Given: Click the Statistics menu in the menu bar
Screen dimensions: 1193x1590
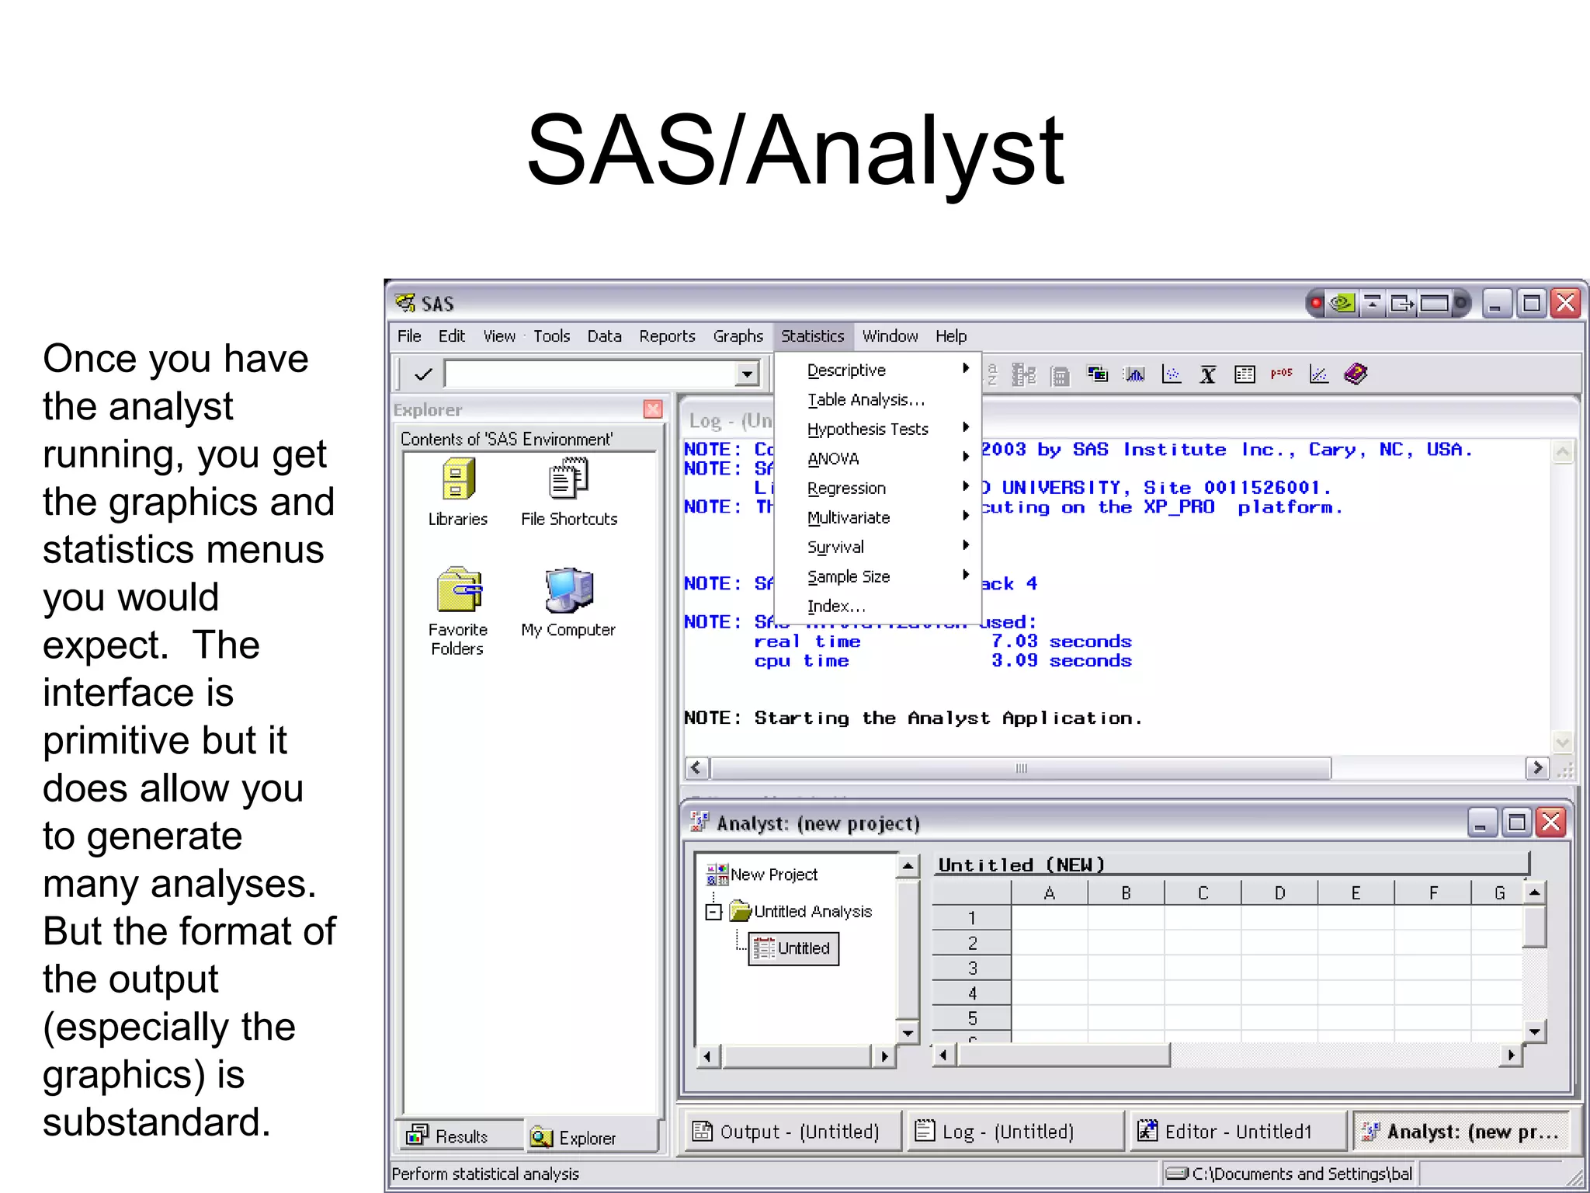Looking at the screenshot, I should (x=812, y=336).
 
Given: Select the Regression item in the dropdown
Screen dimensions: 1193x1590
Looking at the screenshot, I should (x=846, y=489).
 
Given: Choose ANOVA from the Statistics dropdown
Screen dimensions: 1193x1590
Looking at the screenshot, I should (x=833, y=459).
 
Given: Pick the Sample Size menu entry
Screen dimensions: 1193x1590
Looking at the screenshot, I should (x=849, y=577).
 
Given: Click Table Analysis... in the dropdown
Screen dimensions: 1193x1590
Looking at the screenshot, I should (x=866, y=400).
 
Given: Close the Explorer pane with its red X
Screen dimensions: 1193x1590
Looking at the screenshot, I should (x=653, y=409).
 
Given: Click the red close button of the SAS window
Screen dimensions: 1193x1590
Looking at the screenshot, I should (x=1566, y=303).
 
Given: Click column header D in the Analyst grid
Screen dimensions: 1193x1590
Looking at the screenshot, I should (x=1279, y=893).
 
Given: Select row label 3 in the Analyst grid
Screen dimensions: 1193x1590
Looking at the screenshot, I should (x=972, y=969).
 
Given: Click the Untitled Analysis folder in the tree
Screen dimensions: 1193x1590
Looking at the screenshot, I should (x=812, y=912).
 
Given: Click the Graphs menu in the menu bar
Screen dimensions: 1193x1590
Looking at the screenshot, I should (x=738, y=336).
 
